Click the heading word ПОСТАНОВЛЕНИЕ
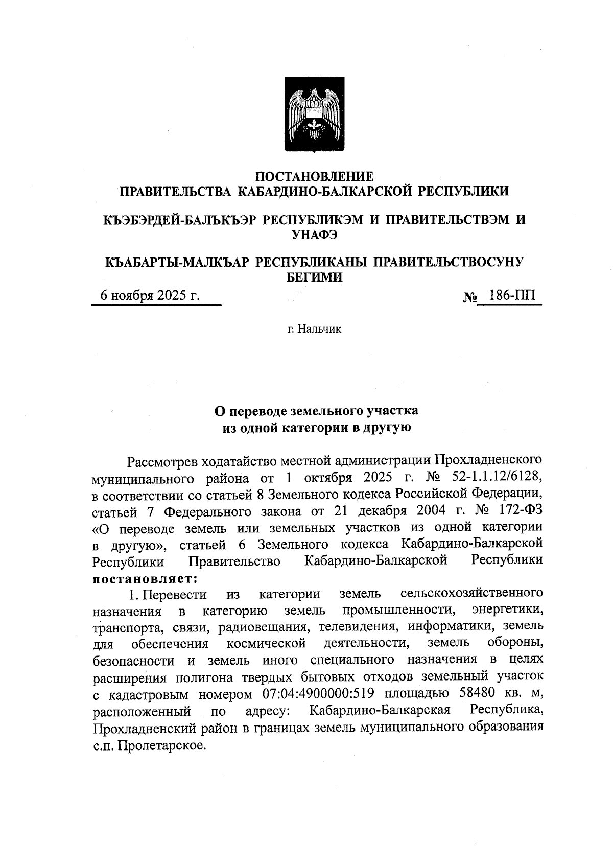click(x=314, y=176)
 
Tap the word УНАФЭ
click(x=314, y=235)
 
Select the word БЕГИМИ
click(x=314, y=277)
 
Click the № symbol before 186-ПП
click(x=470, y=297)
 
